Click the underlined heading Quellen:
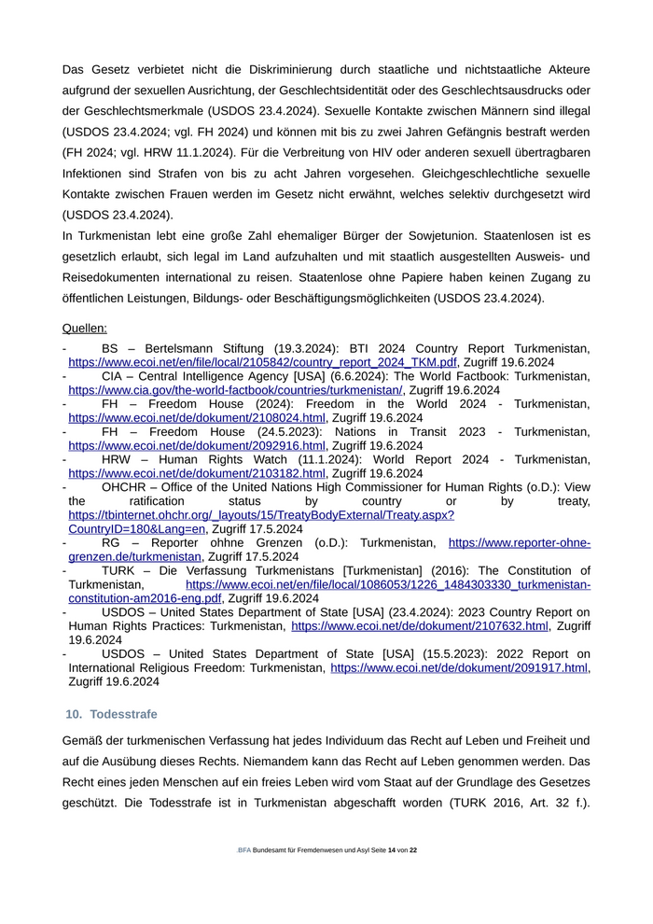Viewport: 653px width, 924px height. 84,329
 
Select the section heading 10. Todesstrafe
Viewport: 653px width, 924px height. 111,714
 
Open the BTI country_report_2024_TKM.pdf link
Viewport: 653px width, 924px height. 262,362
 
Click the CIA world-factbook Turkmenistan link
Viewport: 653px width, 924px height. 235,390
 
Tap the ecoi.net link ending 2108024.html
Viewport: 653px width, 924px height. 196,418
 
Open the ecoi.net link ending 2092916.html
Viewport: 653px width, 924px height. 196,446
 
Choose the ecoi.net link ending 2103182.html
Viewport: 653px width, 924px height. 196,474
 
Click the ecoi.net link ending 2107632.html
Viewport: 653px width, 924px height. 420,626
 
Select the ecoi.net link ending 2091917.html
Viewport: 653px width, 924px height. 459,668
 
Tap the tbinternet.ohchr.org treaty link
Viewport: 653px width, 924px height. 261,515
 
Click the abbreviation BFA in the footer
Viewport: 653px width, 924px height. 244,851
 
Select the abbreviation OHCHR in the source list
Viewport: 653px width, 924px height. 129,487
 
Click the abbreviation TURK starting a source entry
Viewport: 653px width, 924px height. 118,570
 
